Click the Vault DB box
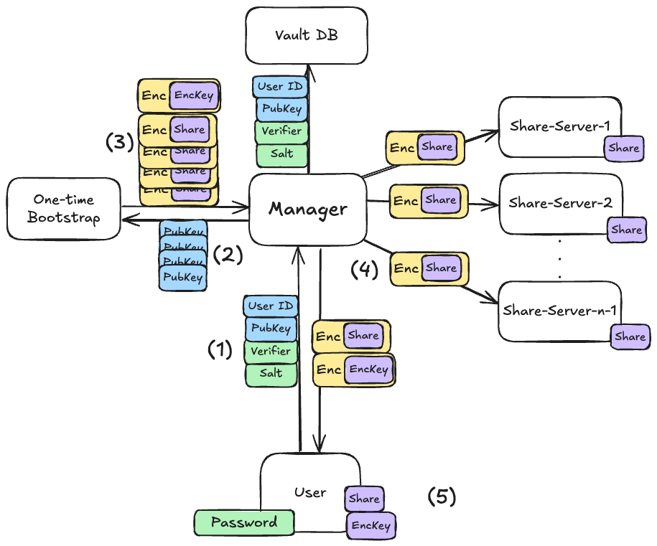[307, 35]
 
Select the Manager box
[307, 209]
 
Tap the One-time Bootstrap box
[64, 208]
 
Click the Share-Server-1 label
[559, 126]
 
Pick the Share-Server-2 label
[560, 202]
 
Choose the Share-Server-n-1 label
[561, 310]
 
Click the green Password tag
[244, 522]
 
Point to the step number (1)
[220, 349]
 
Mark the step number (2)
[228, 254]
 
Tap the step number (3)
[120, 142]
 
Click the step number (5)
[442, 496]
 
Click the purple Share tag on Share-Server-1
[623, 148]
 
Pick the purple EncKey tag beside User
[371, 525]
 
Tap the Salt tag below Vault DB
[281, 154]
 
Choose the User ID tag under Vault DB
[280, 88]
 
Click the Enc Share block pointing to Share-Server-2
[428, 201]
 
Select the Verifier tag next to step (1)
[271, 351]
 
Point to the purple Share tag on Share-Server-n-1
[630, 336]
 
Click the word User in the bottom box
[310, 493]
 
